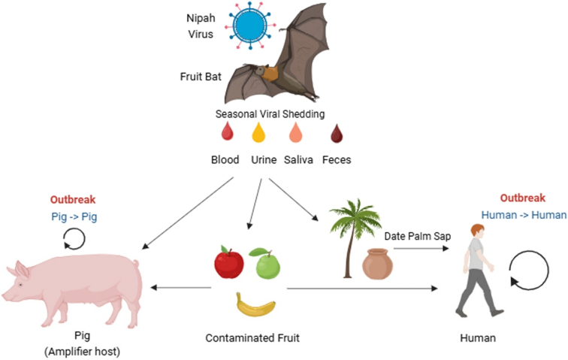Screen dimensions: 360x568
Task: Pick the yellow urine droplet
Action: (258, 133)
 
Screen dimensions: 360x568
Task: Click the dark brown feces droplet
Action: (338, 134)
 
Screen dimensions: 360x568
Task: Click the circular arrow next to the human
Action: (526, 274)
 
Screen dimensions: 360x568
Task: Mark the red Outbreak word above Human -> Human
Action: (523, 198)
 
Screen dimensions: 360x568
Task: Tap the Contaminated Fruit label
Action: (252, 338)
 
